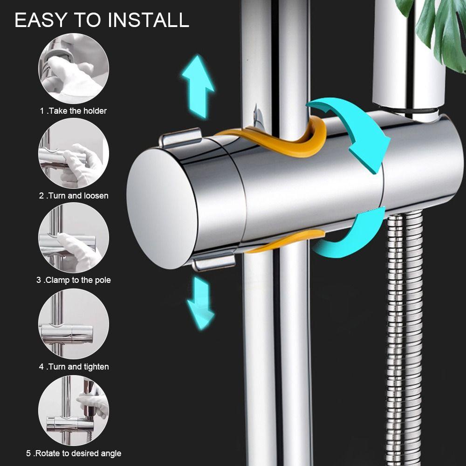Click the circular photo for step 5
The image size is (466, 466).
click(x=73, y=410)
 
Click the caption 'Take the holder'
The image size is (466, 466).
click(x=73, y=111)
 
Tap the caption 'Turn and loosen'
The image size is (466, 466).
click(x=73, y=196)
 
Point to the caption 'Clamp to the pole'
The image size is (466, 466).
click(x=73, y=280)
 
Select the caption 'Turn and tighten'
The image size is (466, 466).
click(x=73, y=367)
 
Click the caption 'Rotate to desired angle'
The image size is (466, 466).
click(x=73, y=453)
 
